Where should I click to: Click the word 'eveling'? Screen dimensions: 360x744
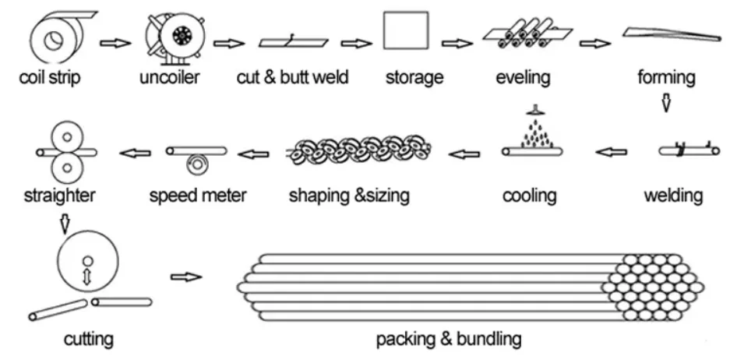523,77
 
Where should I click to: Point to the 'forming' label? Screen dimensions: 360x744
665,77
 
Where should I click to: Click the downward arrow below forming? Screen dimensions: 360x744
665,102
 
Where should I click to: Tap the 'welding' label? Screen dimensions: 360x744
672,194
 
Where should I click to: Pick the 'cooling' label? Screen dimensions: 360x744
529,195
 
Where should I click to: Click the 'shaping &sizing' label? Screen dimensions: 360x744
348,194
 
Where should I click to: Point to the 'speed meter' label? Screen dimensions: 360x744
197,194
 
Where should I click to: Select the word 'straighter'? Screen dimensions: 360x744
60,194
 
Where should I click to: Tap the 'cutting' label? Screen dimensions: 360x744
88,339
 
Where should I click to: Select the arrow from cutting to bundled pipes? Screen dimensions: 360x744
185,277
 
